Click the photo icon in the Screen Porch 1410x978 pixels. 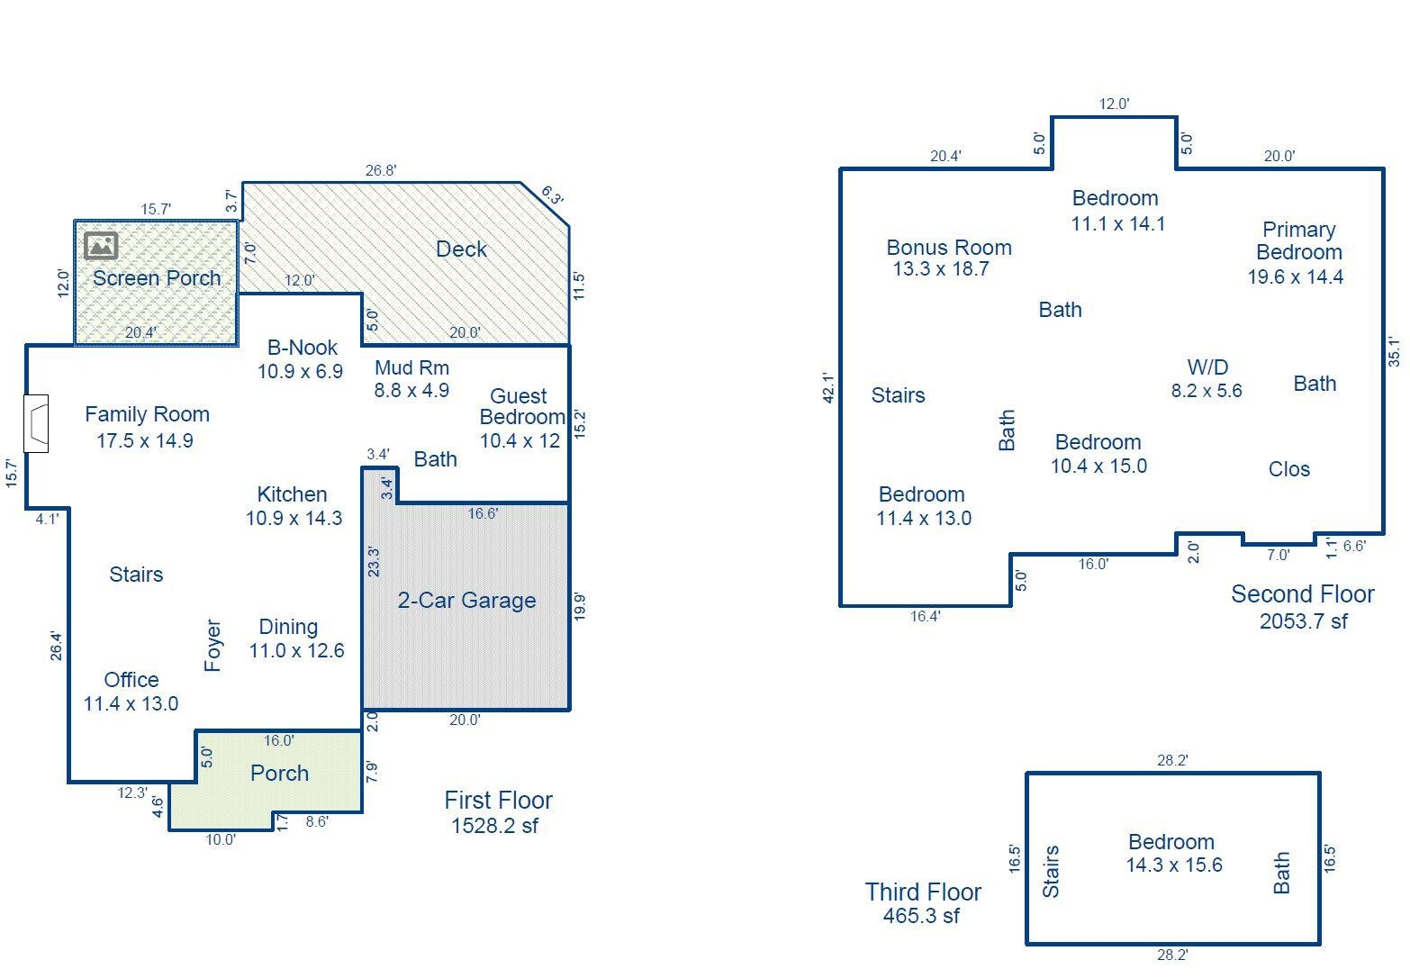pos(101,245)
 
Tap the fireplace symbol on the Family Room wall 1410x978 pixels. pos(37,423)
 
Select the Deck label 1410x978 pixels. pos(461,249)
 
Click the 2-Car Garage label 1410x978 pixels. pos(466,601)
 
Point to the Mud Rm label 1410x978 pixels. pos(411,367)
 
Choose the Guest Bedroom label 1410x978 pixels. pos(520,407)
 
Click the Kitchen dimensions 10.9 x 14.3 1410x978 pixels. pos(294,519)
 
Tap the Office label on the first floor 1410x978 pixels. pos(131,680)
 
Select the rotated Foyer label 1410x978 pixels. pos(212,645)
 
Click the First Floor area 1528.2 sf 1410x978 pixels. pos(494,826)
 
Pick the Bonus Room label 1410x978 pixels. pos(949,248)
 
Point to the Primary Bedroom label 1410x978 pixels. pos(1298,241)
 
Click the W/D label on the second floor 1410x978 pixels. pos(1207,367)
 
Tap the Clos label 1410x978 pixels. pos(1288,469)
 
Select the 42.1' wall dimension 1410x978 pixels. pos(829,387)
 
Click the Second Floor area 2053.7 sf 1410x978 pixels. pos(1303,621)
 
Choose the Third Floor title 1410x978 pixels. pos(923,892)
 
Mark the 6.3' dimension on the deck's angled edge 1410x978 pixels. pos(552,195)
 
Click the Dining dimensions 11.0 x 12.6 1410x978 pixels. pos(296,651)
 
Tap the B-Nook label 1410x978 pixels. pos(303,348)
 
